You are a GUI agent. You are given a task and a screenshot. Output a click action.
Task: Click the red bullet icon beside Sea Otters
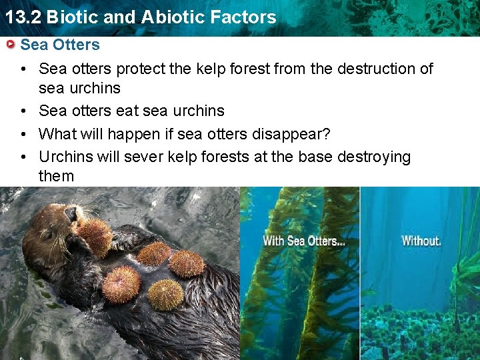(x=10, y=45)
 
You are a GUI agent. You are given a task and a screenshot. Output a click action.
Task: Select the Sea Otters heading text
(x=60, y=45)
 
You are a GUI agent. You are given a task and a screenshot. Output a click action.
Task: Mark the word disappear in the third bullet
(x=291, y=134)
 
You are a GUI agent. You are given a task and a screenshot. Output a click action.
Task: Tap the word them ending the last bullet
(x=56, y=176)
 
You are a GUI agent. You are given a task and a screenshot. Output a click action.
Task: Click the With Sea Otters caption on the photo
(x=304, y=241)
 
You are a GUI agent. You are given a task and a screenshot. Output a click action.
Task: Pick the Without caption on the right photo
(x=421, y=240)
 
